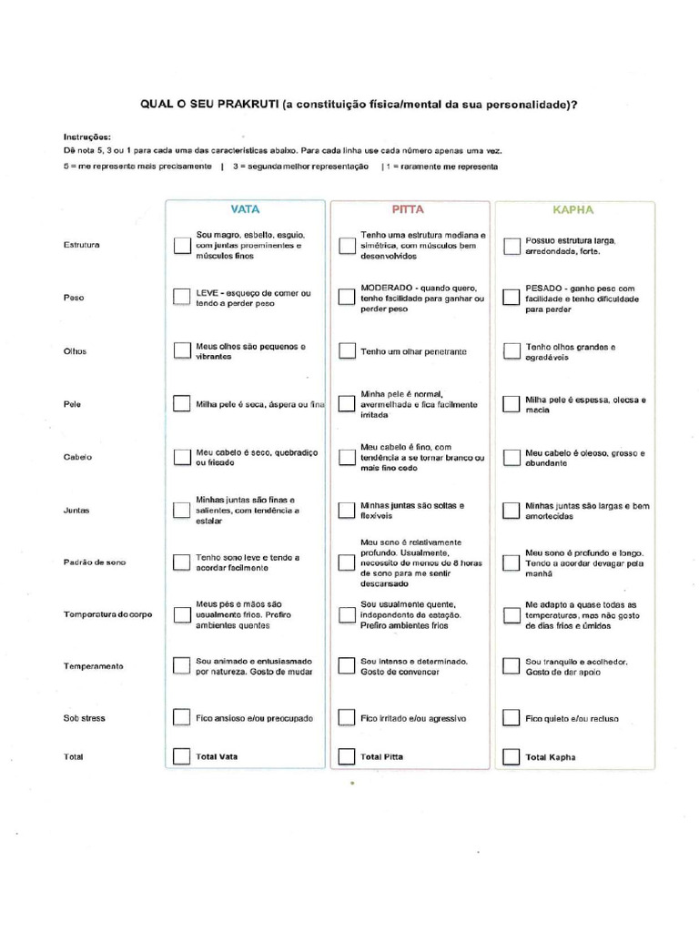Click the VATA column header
point(245,209)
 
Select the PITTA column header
point(408,209)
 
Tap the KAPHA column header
point(573,209)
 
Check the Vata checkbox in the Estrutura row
point(181,246)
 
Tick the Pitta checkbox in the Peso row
point(346,299)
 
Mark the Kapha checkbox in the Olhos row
point(512,351)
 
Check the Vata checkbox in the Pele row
point(181,404)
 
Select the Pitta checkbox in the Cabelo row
point(346,457)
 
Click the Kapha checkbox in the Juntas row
point(512,510)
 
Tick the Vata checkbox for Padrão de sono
point(181,562)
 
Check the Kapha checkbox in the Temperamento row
point(512,666)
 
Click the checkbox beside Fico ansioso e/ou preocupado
point(181,718)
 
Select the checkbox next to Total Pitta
point(346,756)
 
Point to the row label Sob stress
point(84,718)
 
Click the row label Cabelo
point(78,457)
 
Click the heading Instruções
point(87,136)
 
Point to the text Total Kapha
point(551,757)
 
